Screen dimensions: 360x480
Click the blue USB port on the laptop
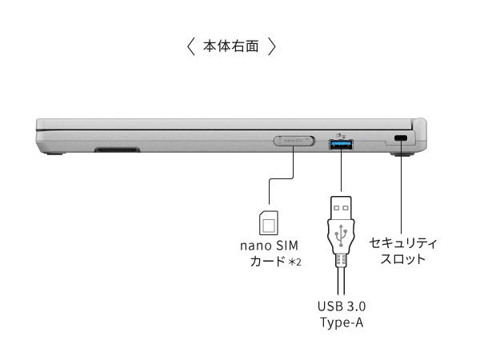coord(341,142)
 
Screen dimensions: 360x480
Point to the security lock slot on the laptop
coord(401,141)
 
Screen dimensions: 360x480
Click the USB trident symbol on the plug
coord(342,234)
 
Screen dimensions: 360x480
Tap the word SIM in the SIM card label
coord(286,245)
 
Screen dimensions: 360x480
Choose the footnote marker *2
coord(294,262)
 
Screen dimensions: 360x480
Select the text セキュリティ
coord(403,242)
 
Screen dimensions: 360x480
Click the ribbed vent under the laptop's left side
coord(117,150)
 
